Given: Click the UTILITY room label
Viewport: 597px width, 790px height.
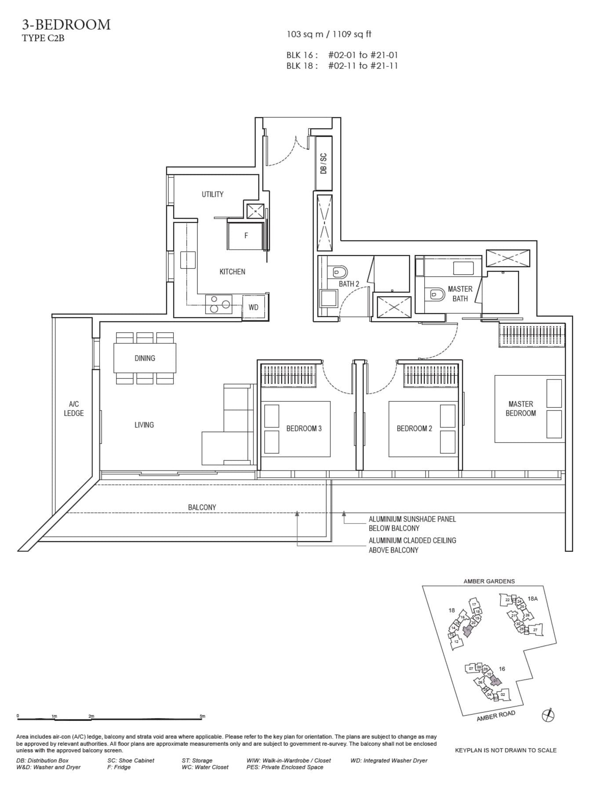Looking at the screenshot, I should click(x=212, y=194).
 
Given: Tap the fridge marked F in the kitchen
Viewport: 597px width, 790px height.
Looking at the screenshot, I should click(x=246, y=236).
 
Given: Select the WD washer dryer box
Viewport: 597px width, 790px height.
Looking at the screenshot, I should click(x=254, y=307).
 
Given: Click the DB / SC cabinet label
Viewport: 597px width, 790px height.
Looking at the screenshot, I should click(x=324, y=163).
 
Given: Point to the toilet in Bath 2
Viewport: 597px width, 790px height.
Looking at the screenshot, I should click(x=340, y=272).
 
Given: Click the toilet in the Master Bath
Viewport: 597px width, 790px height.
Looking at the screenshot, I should click(x=437, y=294).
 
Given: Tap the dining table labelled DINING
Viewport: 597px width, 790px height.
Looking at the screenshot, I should click(x=145, y=358).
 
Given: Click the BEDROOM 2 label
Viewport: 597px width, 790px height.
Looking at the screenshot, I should click(x=414, y=428).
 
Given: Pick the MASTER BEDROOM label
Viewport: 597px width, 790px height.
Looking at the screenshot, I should click(x=521, y=409).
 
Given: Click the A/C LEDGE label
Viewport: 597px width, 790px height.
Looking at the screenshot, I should click(x=73, y=409).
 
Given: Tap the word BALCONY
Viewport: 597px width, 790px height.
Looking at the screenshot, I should click(x=202, y=507).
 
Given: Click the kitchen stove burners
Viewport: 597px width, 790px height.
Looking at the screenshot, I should click(x=219, y=304).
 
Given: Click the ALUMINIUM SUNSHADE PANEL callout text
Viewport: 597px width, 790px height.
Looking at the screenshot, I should click(x=412, y=523).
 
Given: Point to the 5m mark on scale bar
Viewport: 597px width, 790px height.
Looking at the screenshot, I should click(x=202, y=717).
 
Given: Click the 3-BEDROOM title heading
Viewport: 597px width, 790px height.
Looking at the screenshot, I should click(x=66, y=25).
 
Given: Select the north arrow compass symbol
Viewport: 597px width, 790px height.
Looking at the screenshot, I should click(x=548, y=715).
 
